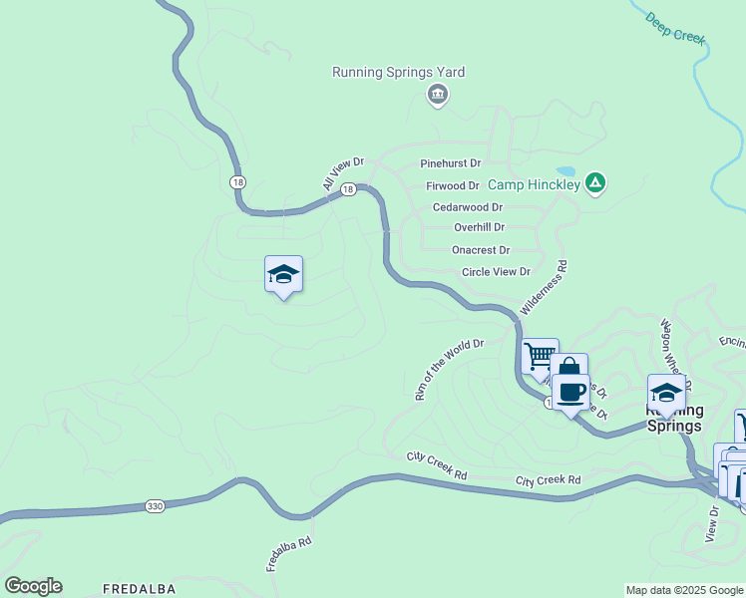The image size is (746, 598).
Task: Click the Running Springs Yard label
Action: [398, 72]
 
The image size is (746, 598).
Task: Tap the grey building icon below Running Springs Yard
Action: [437, 95]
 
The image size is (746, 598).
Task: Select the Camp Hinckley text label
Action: [534, 184]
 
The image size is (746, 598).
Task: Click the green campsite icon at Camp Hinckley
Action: [594, 182]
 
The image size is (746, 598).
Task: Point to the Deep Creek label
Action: [675, 28]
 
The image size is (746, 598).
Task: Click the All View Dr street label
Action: [343, 172]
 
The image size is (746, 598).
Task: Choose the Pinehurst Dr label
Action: [451, 162]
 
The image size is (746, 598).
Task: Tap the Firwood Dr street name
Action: [453, 185]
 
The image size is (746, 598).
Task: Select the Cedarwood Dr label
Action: [468, 207]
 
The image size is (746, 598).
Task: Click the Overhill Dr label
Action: [479, 227]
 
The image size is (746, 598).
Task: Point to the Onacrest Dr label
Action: [481, 250]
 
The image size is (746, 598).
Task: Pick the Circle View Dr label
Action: [496, 271]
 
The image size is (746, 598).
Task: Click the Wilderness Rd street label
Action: [544, 288]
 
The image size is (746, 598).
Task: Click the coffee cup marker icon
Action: [570, 392]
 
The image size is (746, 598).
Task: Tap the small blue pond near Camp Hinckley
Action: [565, 171]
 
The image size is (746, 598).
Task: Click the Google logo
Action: [33, 586]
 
